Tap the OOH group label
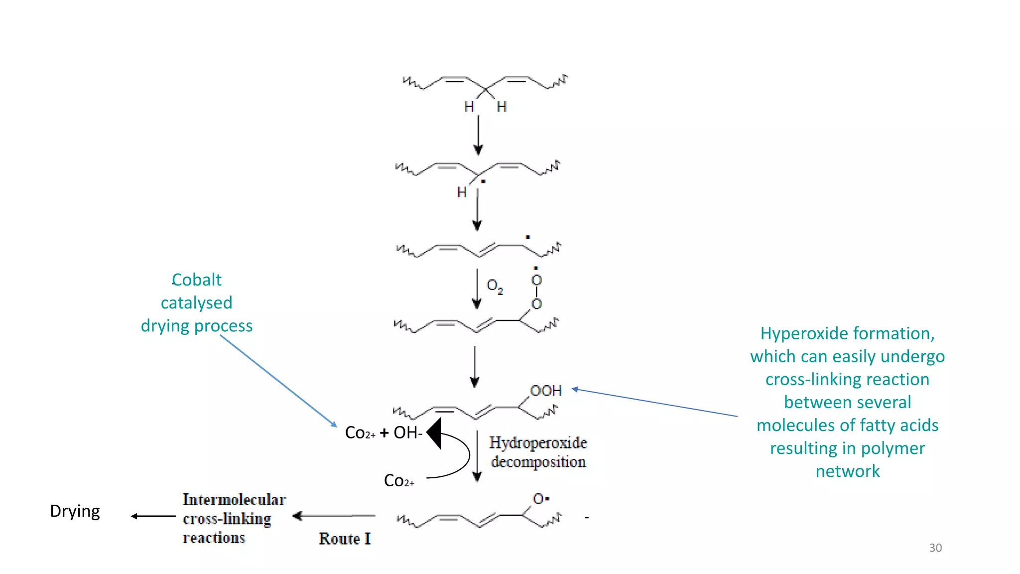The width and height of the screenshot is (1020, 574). coord(546,391)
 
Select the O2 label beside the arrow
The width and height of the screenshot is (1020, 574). coord(495,286)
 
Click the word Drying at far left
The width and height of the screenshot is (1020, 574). coord(75,512)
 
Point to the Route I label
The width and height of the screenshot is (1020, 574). coord(345,539)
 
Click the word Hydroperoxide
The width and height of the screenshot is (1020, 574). coord(538,442)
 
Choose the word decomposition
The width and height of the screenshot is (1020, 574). coord(538,462)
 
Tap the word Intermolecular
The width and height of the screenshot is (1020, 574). coord(234,499)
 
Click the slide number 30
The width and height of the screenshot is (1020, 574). coord(935,548)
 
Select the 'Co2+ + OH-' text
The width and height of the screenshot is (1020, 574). coord(383,432)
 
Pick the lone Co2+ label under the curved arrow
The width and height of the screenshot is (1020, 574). coord(399,481)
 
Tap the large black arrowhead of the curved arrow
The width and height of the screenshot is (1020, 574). coord(435,433)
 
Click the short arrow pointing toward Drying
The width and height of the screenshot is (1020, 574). coord(153,516)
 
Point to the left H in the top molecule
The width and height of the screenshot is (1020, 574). coord(469,107)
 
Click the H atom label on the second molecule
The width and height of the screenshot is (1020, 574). coord(462,192)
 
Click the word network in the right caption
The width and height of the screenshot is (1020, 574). coord(847,471)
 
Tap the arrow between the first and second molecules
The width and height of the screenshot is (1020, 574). coord(478,136)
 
